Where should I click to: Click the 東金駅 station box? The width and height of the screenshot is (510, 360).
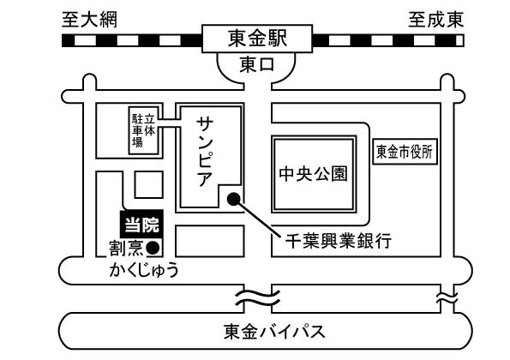(257, 39)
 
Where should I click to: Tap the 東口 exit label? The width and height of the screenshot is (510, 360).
(257, 65)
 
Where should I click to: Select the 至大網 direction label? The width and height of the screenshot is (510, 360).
(89, 20)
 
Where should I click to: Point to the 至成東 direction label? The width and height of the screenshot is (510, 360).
(435, 20)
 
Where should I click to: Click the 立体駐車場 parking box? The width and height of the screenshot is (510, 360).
(144, 130)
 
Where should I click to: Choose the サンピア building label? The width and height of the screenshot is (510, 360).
(205, 152)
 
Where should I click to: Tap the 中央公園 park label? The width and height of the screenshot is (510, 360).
(313, 174)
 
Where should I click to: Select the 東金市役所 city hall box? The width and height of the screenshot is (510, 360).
(405, 152)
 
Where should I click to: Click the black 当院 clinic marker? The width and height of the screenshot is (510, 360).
(141, 224)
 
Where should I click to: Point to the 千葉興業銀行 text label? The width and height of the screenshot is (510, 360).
(339, 241)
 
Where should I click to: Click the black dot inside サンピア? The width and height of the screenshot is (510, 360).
(233, 199)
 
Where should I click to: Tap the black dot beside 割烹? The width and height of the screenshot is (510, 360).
(153, 248)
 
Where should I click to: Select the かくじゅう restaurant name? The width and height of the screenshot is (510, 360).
(144, 270)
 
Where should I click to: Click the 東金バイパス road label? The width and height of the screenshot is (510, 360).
(274, 332)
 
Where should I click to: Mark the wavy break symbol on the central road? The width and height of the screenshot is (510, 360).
(258, 299)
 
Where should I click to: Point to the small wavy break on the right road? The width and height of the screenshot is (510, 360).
(447, 297)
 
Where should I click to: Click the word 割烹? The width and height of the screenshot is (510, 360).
(126, 248)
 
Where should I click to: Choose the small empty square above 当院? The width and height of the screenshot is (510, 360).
(148, 185)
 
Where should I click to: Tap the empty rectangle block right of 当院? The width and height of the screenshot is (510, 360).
(210, 241)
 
